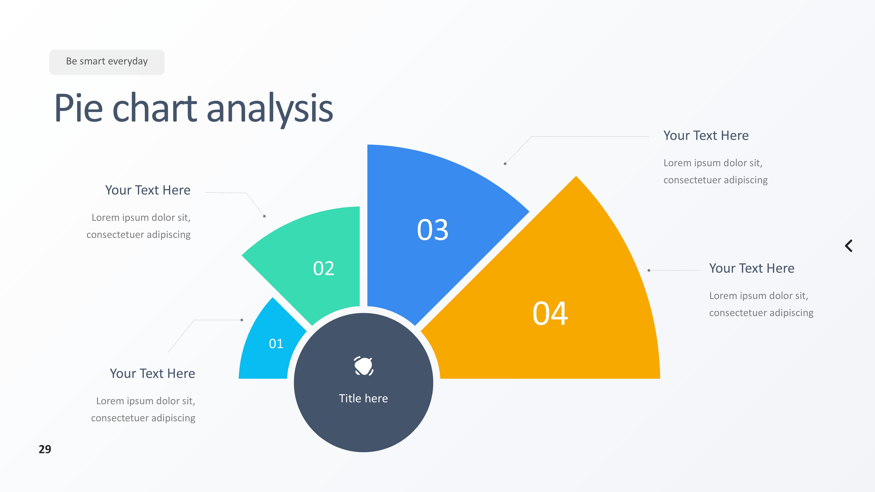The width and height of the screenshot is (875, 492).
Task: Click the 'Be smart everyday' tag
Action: pyautogui.click(x=107, y=62)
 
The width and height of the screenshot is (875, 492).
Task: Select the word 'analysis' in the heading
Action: pyautogui.click(x=270, y=109)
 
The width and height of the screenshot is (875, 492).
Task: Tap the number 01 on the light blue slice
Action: pyautogui.click(x=276, y=344)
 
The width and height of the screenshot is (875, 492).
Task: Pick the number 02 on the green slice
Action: pyautogui.click(x=324, y=268)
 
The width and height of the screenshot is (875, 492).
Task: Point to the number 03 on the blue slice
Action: pyautogui.click(x=433, y=230)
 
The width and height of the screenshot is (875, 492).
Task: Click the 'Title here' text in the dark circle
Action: pyautogui.click(x=363, y=398)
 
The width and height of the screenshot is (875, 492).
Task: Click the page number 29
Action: pyautogui.click(x=45, y=449)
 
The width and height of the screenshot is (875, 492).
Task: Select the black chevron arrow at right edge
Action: pyautogui.click(x=849, y=246)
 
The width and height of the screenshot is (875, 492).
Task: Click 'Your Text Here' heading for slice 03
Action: pyautogui.click(x=706, y=136)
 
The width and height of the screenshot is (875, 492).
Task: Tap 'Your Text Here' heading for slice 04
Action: pyautogui.click(x=752, y=268)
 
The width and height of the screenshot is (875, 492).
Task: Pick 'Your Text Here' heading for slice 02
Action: pyautogui.click(x=148, y=190)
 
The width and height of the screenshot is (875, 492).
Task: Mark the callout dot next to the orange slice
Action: pyautogui.click(x=649, y=270)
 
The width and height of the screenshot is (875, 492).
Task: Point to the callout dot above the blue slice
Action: pyautogui.click(x=505, y=164)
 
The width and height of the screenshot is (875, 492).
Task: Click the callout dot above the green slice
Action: pyautogui.click(x=264, y=216)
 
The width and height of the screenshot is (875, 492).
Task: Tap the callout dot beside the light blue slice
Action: pyautogui.click(x=242, y=320)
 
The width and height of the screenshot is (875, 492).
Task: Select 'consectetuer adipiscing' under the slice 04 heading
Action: pyautogui.click(x=761, y=313)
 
